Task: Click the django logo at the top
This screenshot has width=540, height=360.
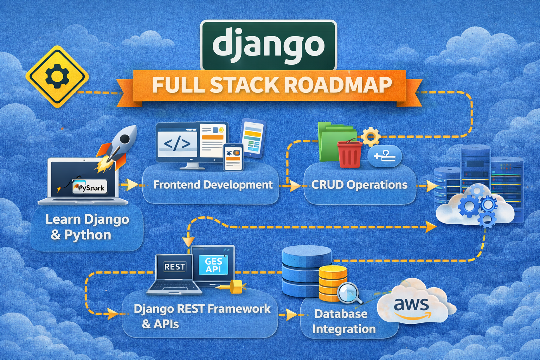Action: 268,45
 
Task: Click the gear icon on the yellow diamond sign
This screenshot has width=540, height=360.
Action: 57,76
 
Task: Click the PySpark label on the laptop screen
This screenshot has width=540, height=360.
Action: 90,187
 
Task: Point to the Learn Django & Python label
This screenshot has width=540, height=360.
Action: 87,227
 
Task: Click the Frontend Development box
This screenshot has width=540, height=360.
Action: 212,185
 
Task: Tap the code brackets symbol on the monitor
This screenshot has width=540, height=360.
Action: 177,143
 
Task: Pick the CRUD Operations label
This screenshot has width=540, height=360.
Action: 359,185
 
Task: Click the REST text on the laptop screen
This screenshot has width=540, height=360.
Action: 174,267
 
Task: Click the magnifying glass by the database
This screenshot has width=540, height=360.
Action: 349,293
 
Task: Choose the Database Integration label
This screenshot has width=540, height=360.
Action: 344,321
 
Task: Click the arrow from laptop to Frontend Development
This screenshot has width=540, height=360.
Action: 131,184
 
